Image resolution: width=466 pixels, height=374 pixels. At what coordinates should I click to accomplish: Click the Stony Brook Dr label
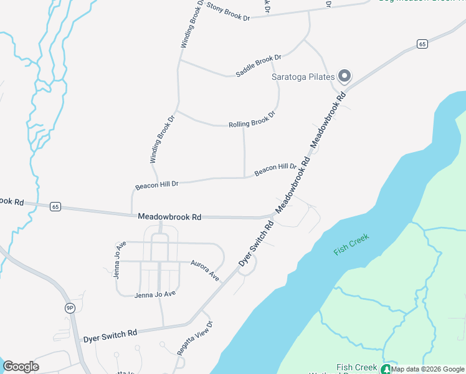point(228,12)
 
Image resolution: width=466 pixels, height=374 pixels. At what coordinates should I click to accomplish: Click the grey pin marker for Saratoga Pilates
point(345,77)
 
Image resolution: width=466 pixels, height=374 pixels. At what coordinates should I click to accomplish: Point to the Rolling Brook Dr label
point(252,120)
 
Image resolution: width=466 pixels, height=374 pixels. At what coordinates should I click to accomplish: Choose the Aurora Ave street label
point(205,270)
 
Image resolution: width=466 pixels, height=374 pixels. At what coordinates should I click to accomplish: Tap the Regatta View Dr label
point(195,338)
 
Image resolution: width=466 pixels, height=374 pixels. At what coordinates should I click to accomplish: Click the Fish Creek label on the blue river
point(351,244)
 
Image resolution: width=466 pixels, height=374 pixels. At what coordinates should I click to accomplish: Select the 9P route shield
point(70,307)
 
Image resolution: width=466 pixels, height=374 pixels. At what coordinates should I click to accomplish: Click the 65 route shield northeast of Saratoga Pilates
point(422,43)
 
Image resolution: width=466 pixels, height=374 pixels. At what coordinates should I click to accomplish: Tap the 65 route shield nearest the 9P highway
point(56,207)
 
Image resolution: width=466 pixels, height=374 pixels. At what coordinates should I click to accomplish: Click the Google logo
point(21,367)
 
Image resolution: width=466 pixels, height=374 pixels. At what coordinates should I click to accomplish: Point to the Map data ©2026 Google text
point(427,369)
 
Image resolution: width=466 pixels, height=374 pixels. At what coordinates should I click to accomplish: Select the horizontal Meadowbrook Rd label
point(169,217)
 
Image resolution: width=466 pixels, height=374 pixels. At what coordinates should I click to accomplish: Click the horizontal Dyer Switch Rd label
point(110,334)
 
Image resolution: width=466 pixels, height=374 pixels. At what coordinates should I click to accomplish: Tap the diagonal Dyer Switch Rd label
point(257,243)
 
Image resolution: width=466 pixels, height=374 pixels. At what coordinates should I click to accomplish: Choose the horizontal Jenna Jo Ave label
point(155,294)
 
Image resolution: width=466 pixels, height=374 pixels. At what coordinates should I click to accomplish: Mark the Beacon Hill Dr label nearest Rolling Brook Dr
point(275,168)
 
